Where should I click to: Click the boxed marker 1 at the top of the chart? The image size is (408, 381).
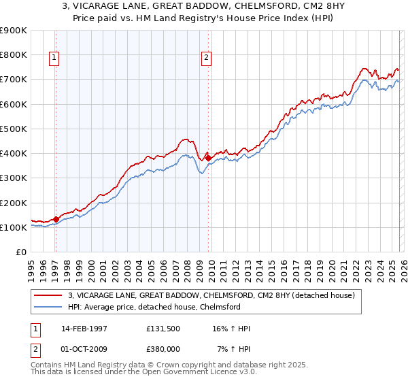(x=54, y=59)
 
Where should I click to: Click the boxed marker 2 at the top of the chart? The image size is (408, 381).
(x=205, y=59)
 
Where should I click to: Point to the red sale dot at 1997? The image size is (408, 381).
(x=56, y=219)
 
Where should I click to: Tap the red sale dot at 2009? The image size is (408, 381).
(x=208, y=158)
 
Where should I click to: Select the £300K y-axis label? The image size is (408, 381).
(x=14, y=178)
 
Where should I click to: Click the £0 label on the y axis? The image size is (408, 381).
(x=20, y=252)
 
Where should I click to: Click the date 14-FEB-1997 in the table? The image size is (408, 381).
(x=84, y=329)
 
